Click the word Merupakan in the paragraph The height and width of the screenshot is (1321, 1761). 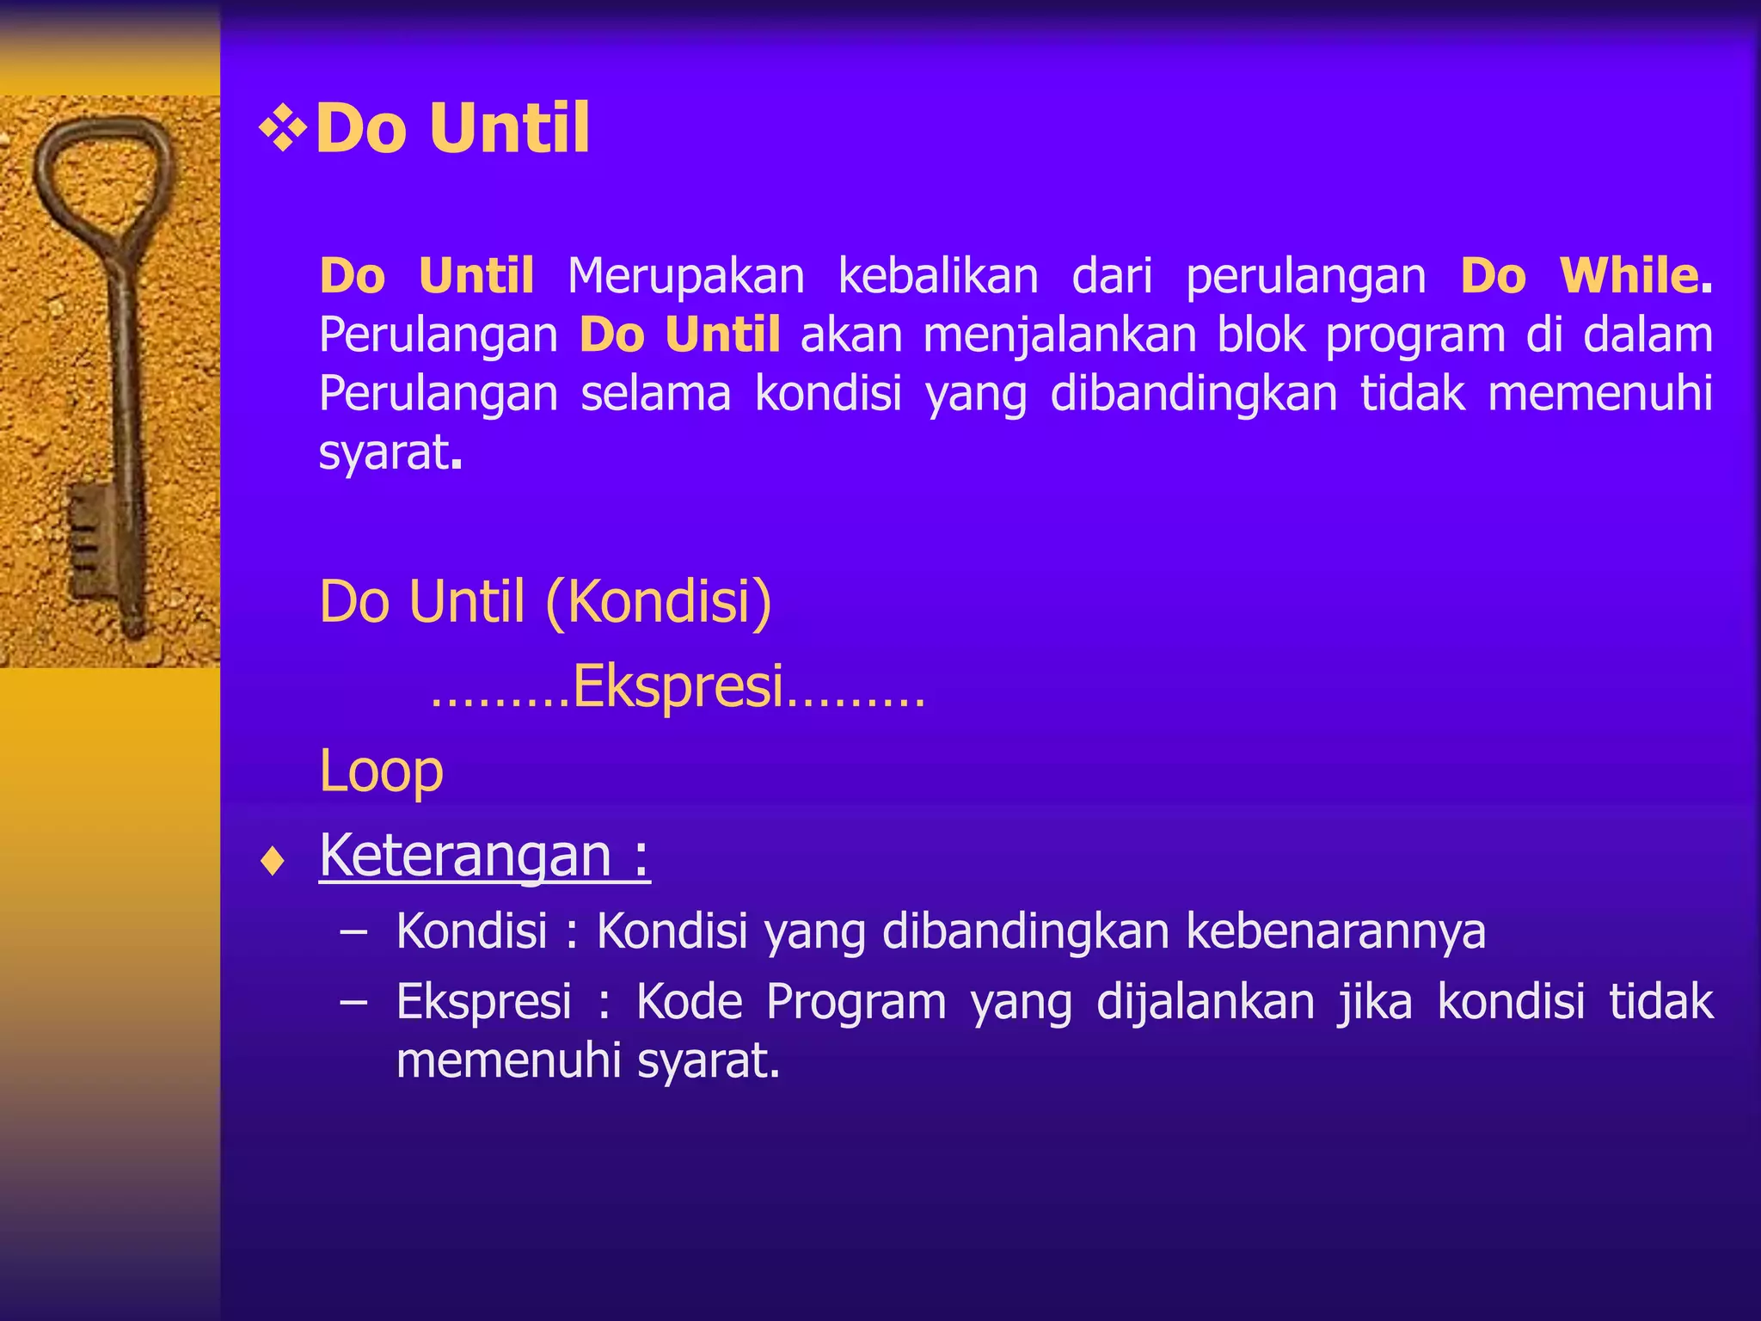click(x=685, y=277)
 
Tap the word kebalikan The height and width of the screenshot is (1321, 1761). click(x=938, y=277)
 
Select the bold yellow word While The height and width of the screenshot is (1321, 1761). click(x=1629, y=277)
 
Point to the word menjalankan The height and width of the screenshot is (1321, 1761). click(x=1059, y=336)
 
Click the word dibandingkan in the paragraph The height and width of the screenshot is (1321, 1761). click(x=1193, y=395)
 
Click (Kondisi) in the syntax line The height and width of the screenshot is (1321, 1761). click(x=659, y=601)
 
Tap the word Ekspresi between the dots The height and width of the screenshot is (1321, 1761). click(x=678, y=687)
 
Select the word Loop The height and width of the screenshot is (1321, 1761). click(x=381, y=771)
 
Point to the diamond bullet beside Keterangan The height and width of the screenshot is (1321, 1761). click(x=273, y=861)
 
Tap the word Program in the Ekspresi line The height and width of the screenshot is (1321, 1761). click(x=856, y=1003)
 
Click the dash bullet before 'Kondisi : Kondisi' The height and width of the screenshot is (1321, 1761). click(x=353, y=931)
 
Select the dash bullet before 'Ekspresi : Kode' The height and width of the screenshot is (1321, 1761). click(x=353, y=1003)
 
